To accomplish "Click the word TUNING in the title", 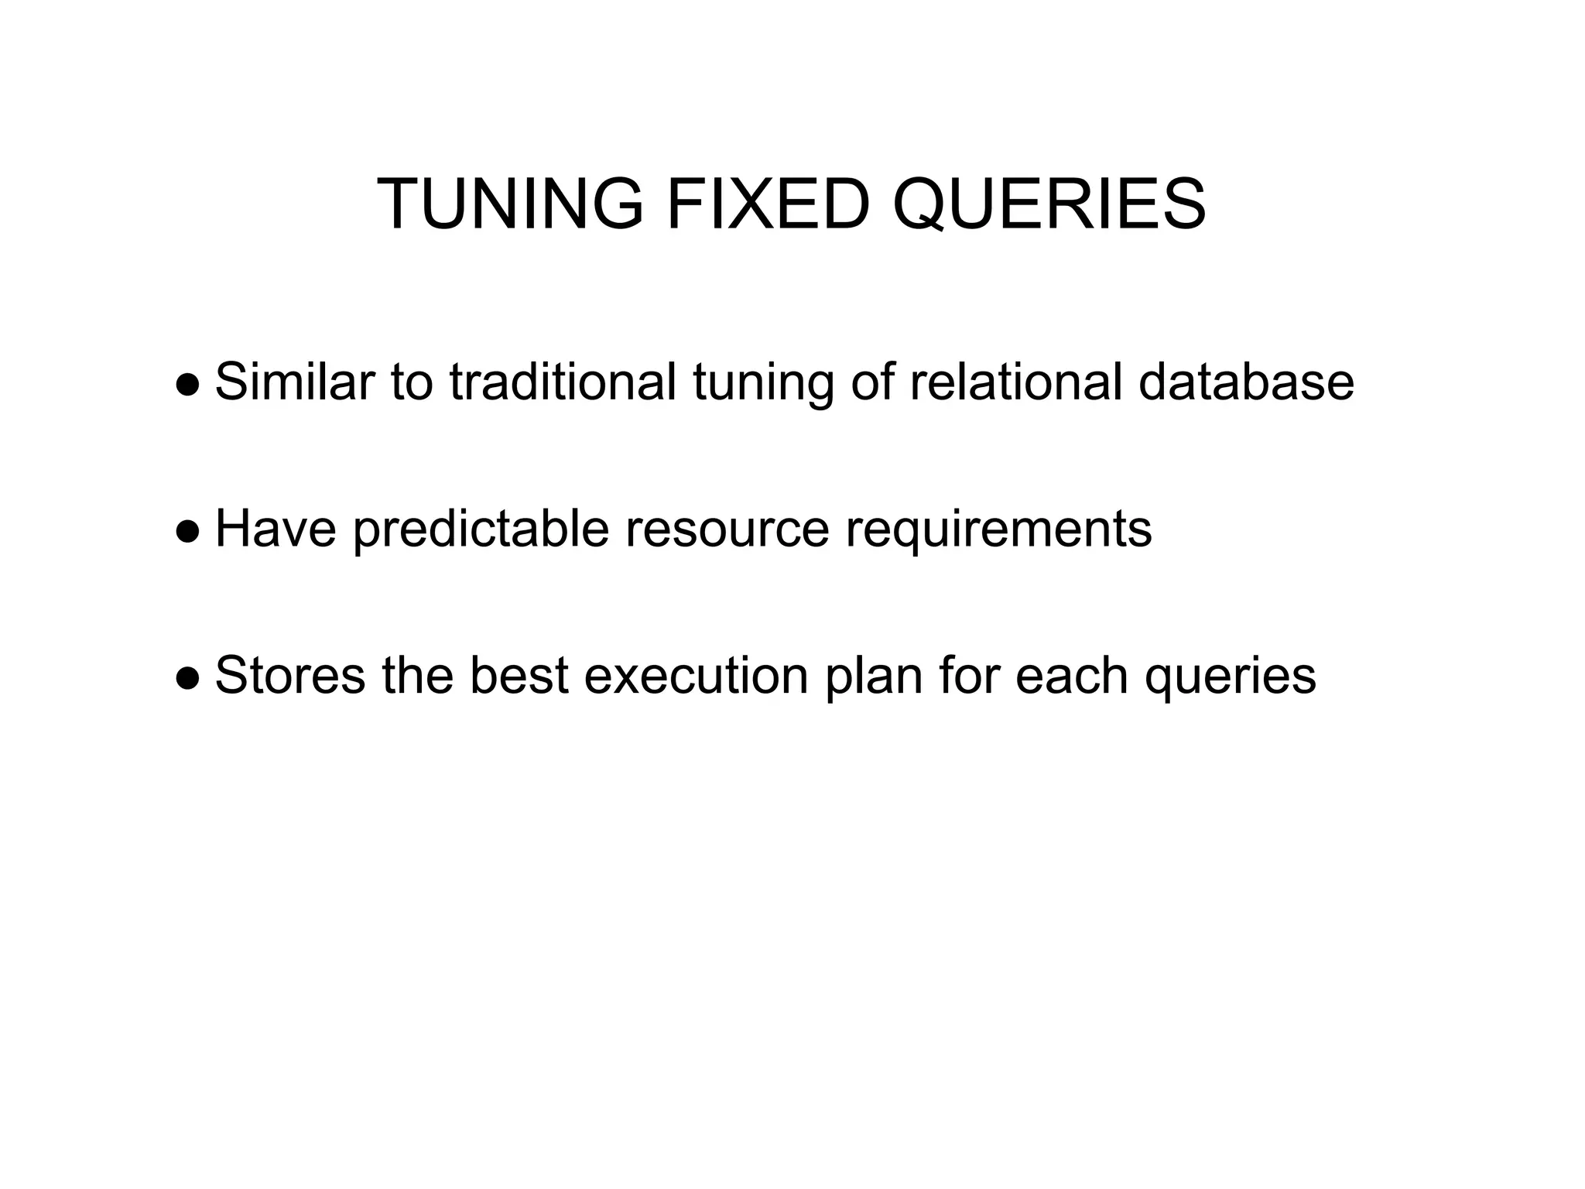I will coord(510,204).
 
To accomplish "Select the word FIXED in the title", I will coord(766,204).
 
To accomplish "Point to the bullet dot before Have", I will coord(188,530).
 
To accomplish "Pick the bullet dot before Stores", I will coord(188,677).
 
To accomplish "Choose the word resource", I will coord(727,530).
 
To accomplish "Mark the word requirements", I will coord(998,530).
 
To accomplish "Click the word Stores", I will coord(289,676).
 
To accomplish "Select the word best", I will coord(519,676).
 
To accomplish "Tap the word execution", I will coord(697,676).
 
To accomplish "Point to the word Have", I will coord(276,530).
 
